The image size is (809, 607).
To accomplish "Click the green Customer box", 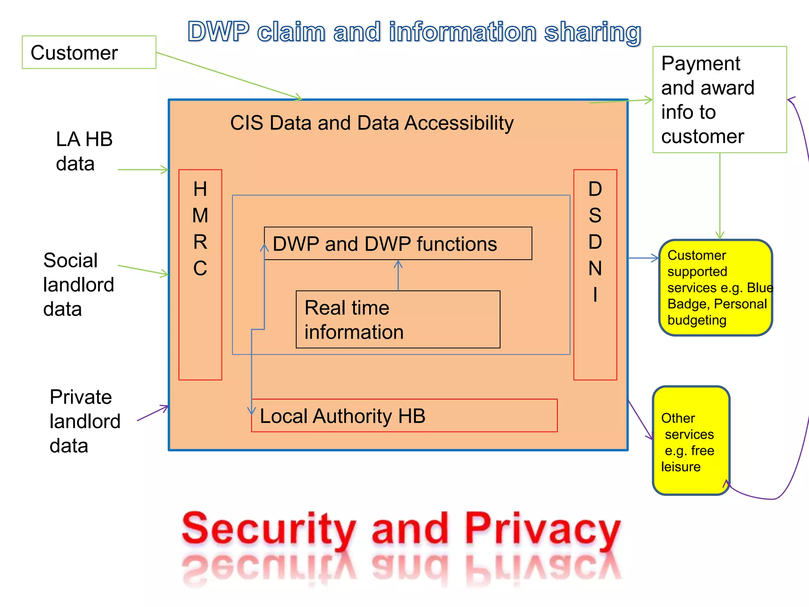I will pyautogui.click(x=89, y=53).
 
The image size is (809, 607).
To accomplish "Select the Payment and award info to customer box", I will pyautogui.click(x=719, y=100).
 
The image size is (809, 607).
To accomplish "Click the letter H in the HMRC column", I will pyautogui.click(x=200, y=189).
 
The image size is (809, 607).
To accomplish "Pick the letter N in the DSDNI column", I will pyautogui.click(x=595, y=269).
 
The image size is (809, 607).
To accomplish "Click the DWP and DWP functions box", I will pyautogui.click(x=398, y=243).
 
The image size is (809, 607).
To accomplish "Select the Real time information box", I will pyautogui.click(x=398, y=319).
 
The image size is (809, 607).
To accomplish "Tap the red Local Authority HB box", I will pyautogui.click(x=404, y=416).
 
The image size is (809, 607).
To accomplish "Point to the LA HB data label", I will pyautogui.click(x=84, y=151).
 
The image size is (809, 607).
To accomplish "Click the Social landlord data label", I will pyautogui.click(x=78, y=285).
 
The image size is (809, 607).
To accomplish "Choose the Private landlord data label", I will pyautogui.click(x=85, y=421).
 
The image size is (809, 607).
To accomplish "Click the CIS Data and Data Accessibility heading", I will pyautogui.click(x=371, y=123).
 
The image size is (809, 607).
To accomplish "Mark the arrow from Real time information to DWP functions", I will pyautogui.click(x=398, y=275).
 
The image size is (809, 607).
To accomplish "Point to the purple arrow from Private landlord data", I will pyautogui.click(x=153, y=413).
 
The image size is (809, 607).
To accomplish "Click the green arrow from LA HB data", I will pyautogui.click(x=143, y=170).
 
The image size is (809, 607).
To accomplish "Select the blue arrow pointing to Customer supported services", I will pyautogui.click(x=643, y=258).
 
